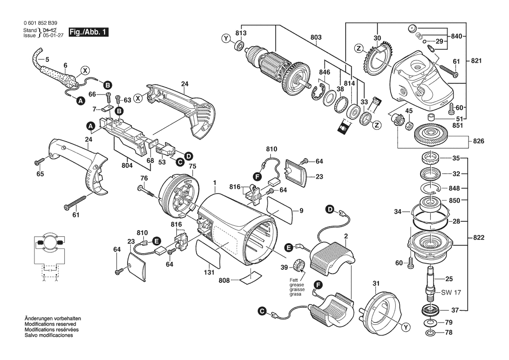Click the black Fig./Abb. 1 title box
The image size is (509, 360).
point(88,32)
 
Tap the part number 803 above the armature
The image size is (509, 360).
point(316,37)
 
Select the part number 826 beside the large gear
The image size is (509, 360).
point(479,141)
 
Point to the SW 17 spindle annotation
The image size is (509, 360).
point(451,292)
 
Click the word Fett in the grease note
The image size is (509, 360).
point(294,280)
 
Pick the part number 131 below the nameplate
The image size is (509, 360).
point(209,272)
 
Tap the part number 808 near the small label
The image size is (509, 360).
point(224,280)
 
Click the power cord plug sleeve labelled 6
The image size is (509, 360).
point(68,80)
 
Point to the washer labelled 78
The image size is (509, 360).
point(430,333)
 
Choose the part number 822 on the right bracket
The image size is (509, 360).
point(479,238)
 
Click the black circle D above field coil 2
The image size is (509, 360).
point(330,210)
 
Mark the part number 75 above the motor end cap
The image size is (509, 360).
point(192,166)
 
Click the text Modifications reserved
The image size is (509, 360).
point(51,324)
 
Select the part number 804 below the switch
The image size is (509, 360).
point(127,166)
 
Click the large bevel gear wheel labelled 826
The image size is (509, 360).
point(431,132)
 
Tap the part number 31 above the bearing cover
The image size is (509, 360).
point(376,284)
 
